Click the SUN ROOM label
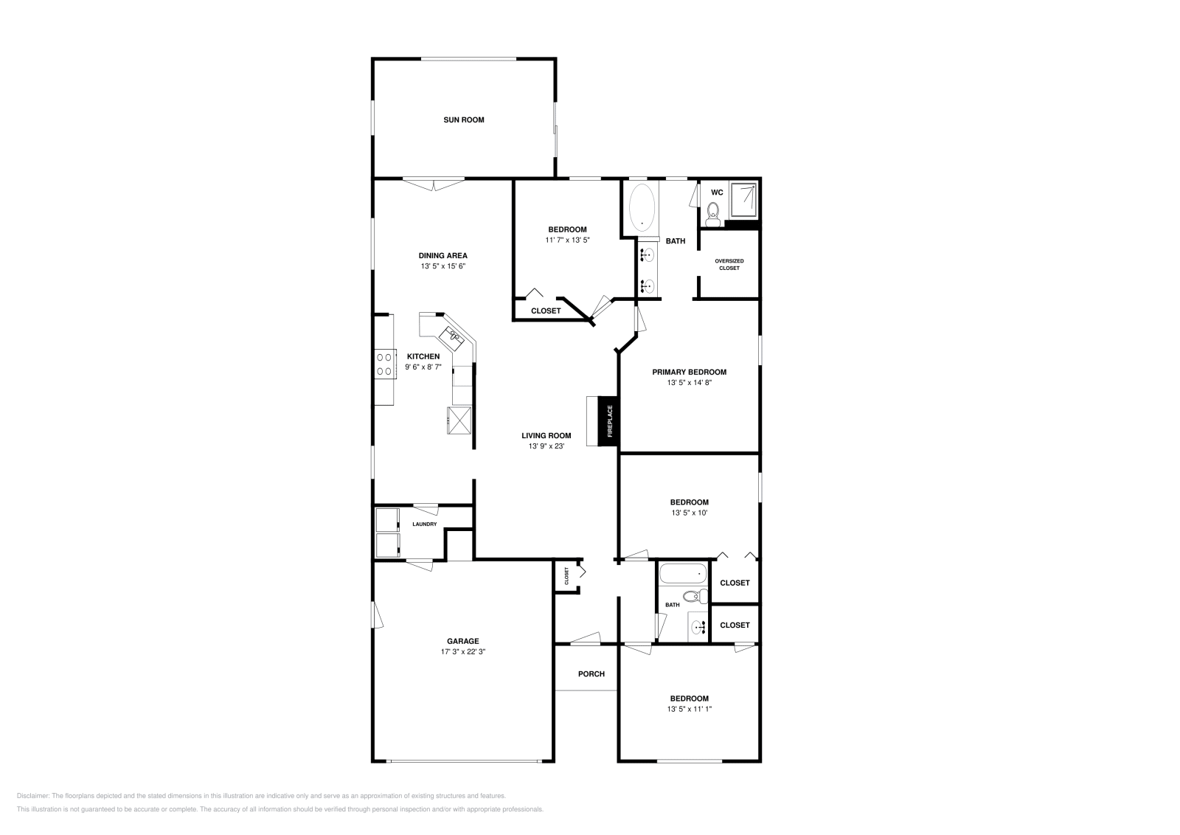[x=463, y=119]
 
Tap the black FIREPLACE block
[x=609, y=422]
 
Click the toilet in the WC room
[x=712, y=214]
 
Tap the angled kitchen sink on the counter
[x=451, y=338]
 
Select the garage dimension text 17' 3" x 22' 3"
[x=462, y=651]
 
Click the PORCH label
[x=591, y=673]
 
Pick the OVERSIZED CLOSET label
[x=729, y=264]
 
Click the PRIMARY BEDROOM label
[x=689, y=372]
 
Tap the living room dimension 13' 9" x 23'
[x=546, y=446]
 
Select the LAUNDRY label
[x=424, y=524]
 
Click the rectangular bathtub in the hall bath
[x=682, y=573]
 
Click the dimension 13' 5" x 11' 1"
[x=689, y=708]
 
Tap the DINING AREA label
[x=443, y=256]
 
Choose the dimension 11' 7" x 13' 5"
[x=567, y=239]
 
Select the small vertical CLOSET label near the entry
[x=566, y=575]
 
